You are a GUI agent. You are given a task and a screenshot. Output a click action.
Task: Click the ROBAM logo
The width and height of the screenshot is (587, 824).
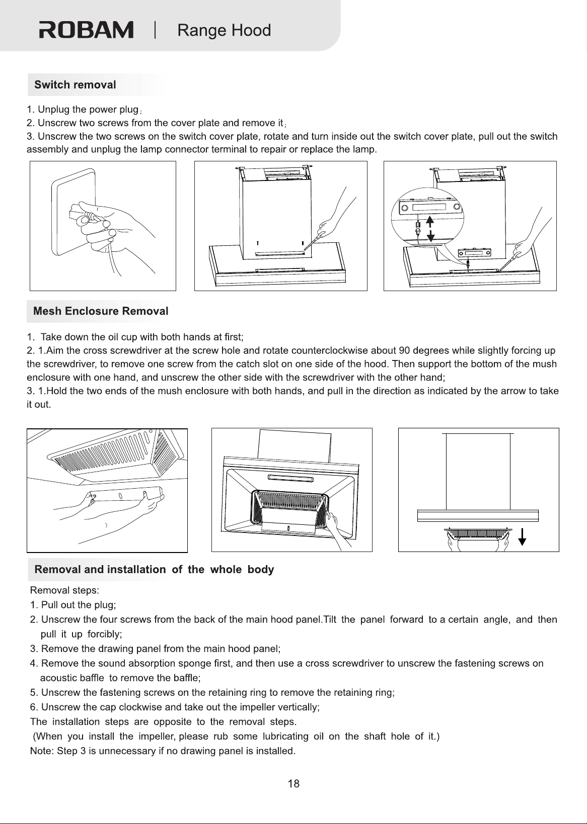click(x=86, y=30)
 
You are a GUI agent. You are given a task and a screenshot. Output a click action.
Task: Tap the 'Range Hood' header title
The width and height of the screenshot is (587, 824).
click(x=224, y=30)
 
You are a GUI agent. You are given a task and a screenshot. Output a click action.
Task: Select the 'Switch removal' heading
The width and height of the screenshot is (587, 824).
click(x=75, y=84)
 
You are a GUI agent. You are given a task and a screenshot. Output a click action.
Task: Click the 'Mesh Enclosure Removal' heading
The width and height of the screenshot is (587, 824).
click(x=101, y=311)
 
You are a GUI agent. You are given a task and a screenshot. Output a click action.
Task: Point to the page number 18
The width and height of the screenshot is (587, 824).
click(x=293, y=784)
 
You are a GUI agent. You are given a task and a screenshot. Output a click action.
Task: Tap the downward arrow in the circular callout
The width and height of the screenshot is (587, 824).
click(x=430, y=235)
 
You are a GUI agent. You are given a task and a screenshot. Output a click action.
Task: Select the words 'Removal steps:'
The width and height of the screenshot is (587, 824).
click(x=64, y=590)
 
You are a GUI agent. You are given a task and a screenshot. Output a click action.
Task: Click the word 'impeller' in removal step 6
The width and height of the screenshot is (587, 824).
click(x=257, y=707)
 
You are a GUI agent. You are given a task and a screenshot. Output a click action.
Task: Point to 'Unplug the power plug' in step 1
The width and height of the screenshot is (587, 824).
click(x=88, y=110)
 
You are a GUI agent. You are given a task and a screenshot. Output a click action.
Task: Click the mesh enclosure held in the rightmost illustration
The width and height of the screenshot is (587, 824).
click(x=478, y=532)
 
